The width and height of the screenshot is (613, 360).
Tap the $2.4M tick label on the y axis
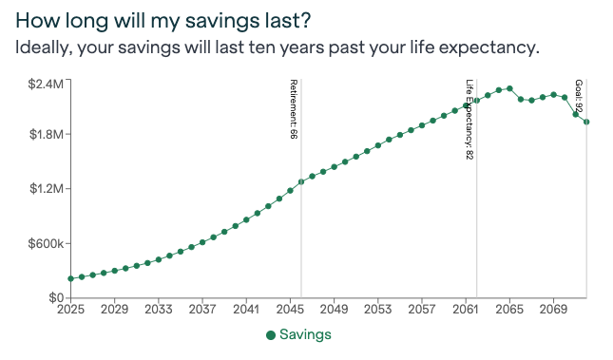(x=46, y=83)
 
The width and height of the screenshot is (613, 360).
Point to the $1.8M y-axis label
(x=46, y=135)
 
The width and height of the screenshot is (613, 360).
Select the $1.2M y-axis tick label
(x=46, y=189)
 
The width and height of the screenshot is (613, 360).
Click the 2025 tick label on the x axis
(x=70, y=310)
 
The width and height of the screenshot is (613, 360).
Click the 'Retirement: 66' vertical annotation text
(x=294, y=110)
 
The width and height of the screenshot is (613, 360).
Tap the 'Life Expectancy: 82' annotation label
(x=469, y=119)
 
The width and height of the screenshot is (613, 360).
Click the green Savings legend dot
(x=271, y=334)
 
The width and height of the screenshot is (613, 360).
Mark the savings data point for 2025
(x=70, y=278)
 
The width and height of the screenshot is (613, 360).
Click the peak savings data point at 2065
(x=509, y=88)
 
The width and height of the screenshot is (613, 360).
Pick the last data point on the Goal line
(x=586, y=122)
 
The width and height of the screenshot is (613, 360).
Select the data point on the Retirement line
(x=301, y=181)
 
